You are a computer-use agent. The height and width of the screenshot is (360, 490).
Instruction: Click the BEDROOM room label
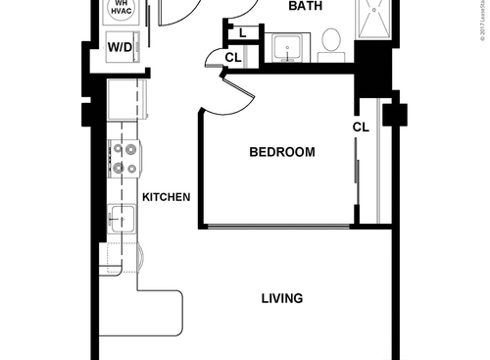click(281, 152)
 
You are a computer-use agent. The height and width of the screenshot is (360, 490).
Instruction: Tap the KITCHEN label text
click(166, 197)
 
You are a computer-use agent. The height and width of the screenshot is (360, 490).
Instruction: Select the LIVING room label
click(281, 298)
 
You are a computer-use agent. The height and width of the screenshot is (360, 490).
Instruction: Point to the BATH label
click(307, 7)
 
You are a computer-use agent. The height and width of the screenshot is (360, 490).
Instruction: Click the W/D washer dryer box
click(121, 46)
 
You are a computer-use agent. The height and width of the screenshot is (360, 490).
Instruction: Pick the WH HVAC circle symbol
click(121, 10)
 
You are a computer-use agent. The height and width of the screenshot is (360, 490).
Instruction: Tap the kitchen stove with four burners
click(126, 158)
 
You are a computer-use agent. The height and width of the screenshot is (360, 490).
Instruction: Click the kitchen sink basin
click(123, 216)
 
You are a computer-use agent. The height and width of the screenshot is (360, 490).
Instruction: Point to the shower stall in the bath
click(376, 20)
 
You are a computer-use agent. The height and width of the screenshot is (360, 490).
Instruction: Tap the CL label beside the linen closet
click(232, 58)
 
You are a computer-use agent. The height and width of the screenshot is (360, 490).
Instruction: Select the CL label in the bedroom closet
click(361, 127)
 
